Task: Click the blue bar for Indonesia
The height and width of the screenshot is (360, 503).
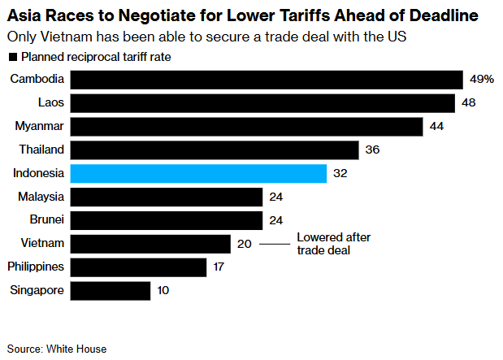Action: coord(198,173)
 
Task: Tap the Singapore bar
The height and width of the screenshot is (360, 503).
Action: coord(111,291)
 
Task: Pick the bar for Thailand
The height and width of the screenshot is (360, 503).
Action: coord(215,150)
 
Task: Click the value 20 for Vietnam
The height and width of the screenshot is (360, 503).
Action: coord(245,244)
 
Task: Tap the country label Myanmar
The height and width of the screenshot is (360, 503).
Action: coord(40,126)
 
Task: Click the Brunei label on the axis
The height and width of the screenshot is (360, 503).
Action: coord(46,219)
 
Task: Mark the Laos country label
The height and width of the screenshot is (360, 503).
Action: coord(51,102)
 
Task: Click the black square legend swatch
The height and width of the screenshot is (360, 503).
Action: coord(12,57)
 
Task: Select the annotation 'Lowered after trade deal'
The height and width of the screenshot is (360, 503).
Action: coord(332,244)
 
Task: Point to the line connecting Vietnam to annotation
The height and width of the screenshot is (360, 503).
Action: coord(275,244)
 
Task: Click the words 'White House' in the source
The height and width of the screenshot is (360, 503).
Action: coord(78,349)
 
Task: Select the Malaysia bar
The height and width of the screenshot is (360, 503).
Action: coord(167,197)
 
